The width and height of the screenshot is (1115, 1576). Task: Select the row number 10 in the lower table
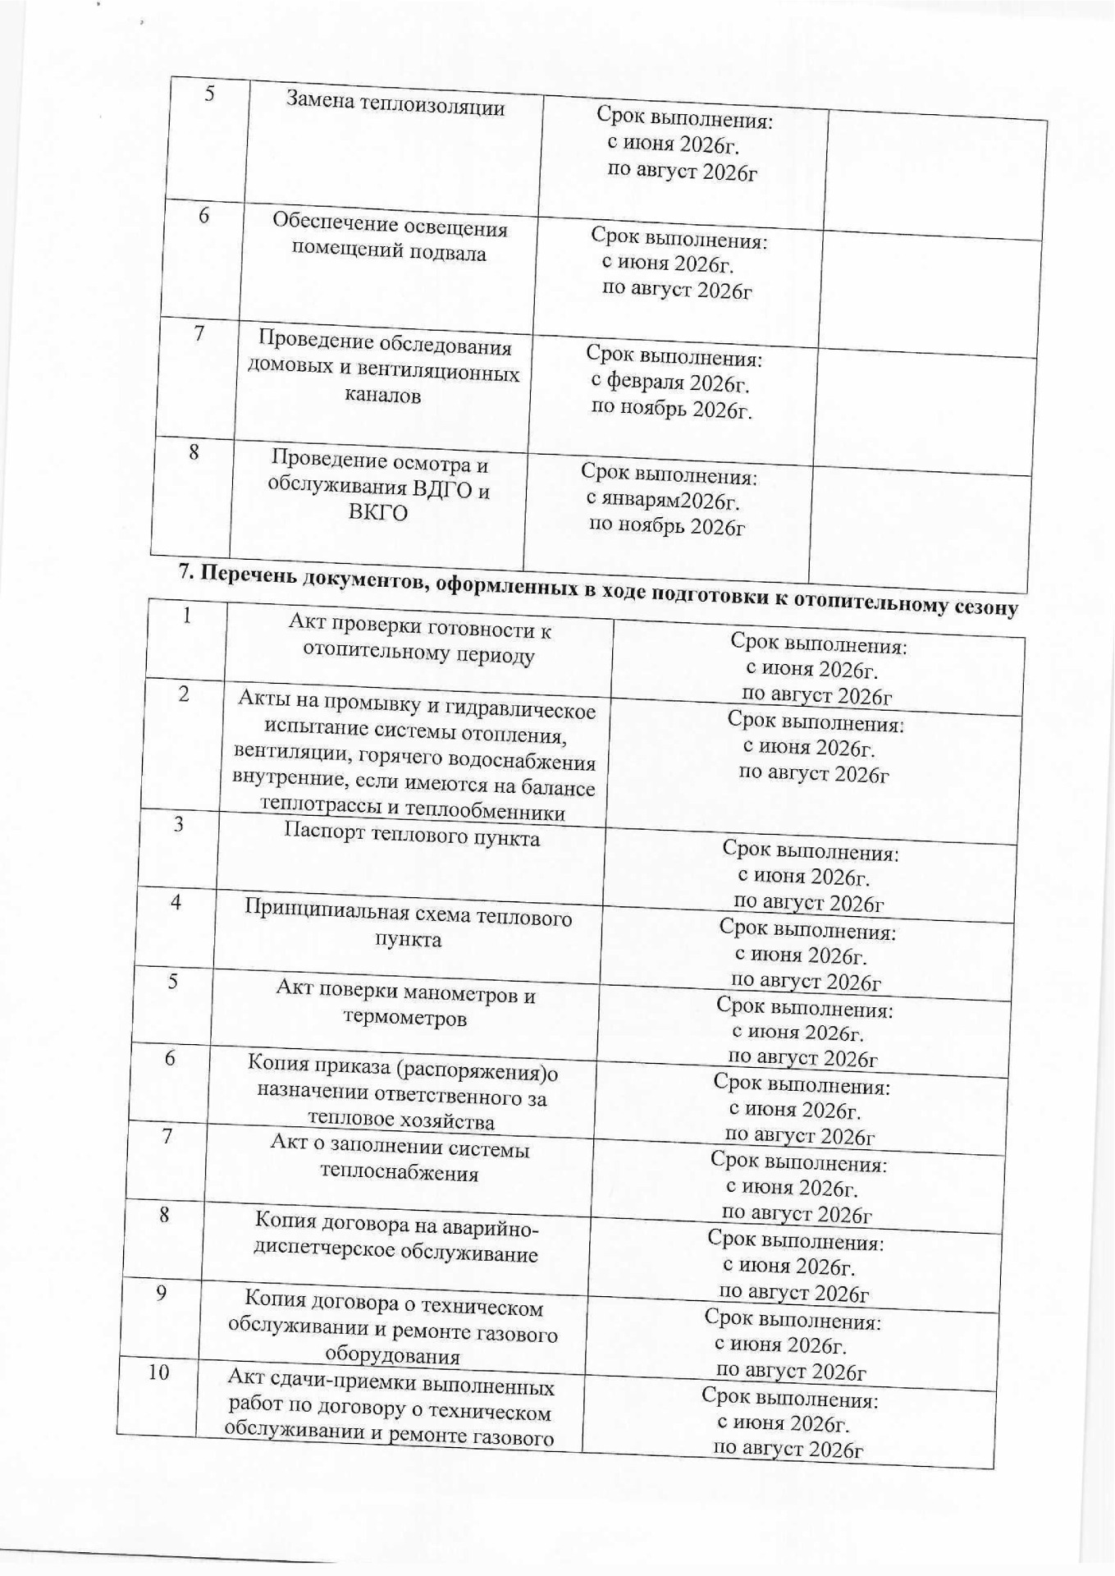coord(159,1372)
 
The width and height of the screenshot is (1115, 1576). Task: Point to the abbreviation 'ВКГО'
coord(378,513)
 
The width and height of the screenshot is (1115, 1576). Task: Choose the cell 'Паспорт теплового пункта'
coord(412,836)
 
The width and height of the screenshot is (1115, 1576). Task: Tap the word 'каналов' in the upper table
coord(382,395)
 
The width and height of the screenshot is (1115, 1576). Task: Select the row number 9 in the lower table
coord(162,1293)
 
